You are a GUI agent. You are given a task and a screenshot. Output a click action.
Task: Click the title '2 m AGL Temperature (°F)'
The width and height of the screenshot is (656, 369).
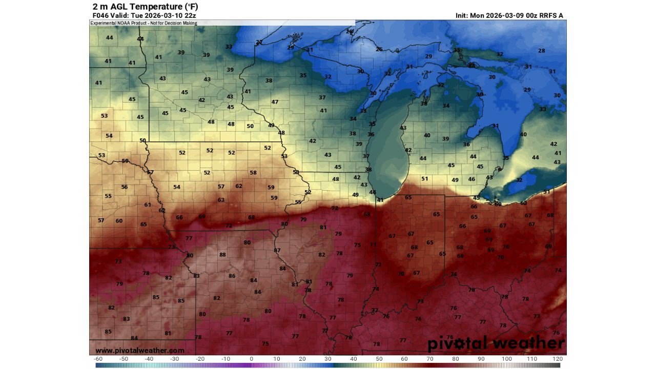tap(145, 7)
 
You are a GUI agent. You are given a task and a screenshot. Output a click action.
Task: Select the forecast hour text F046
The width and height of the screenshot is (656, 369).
tap(99, 15)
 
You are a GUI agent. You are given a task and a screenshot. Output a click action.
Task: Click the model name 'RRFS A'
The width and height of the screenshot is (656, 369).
tap(552, 15)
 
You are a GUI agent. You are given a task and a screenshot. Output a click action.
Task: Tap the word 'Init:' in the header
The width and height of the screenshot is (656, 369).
tap(463, 15)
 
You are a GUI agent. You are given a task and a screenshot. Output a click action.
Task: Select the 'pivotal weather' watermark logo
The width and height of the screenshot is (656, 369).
tap(496, 343)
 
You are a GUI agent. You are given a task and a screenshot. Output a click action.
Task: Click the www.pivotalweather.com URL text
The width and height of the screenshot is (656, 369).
tap(140, 351)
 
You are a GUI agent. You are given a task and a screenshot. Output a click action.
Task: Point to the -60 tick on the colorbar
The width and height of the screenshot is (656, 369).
tap(98, 359)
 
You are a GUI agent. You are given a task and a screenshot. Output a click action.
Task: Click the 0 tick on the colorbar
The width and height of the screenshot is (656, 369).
tap(251, 359)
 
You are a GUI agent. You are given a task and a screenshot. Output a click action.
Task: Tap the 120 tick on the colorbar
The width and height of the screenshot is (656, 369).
tap(558, 359)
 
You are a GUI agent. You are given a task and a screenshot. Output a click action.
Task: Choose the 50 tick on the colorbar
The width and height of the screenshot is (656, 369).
tap(379, 359)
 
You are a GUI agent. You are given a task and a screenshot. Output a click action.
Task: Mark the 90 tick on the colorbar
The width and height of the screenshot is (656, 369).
tap(481, 359)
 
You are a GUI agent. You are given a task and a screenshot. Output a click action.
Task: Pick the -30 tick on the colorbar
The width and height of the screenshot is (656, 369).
tap(175, 359)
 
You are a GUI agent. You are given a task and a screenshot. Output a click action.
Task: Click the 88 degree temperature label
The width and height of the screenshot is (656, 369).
tap(222, 255)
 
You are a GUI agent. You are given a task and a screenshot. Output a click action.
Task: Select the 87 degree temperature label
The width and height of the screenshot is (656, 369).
tap(277, 250)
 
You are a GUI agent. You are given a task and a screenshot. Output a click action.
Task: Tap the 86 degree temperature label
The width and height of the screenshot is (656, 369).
tap(232, 276)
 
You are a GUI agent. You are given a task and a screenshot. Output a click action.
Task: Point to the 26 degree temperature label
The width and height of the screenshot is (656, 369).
tap(379, 49)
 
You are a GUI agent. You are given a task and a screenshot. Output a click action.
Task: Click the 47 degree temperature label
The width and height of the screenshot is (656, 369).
tap(275, 101)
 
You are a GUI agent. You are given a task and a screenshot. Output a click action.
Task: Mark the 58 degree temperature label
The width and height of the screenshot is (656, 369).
tap(253, 173)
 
